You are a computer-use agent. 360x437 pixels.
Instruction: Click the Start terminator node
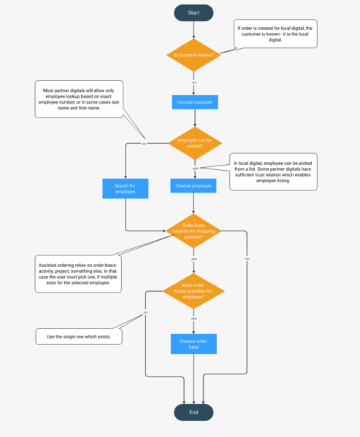pos(194,12)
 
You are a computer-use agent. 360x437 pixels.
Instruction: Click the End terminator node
pos(194,412)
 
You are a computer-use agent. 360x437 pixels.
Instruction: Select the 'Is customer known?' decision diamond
pos(194,55)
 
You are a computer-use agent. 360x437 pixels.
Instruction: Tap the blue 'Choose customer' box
pos(195,102)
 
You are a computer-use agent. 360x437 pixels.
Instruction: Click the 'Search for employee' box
pos(125,189)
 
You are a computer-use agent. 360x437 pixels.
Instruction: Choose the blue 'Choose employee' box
pos(194,186)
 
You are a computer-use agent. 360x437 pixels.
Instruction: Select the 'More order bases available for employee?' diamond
pos(194,292)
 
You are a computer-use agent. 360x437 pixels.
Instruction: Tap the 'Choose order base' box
pos(194,344)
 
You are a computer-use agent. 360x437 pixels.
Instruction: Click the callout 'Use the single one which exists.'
pos(78,336)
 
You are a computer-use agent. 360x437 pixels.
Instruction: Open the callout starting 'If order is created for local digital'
pos(275,34)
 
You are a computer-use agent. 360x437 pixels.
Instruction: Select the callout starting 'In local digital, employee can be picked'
pos(273,171)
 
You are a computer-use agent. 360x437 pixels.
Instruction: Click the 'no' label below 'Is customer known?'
pos(194,82)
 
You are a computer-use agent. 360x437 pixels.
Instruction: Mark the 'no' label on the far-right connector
pos(247,259)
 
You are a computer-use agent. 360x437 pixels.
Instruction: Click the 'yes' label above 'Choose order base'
pos(194,319)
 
